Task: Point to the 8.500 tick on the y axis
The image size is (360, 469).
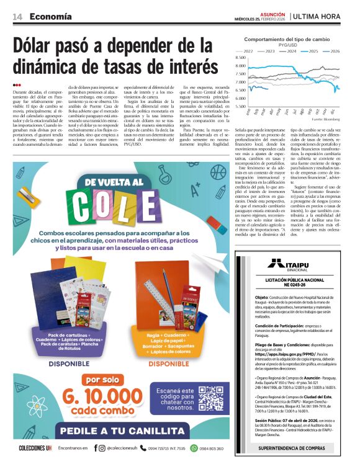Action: [240, 58]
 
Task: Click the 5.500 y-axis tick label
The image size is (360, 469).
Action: [240, 106]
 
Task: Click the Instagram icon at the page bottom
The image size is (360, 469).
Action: [102, 447]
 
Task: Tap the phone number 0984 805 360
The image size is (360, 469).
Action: [207, 447]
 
